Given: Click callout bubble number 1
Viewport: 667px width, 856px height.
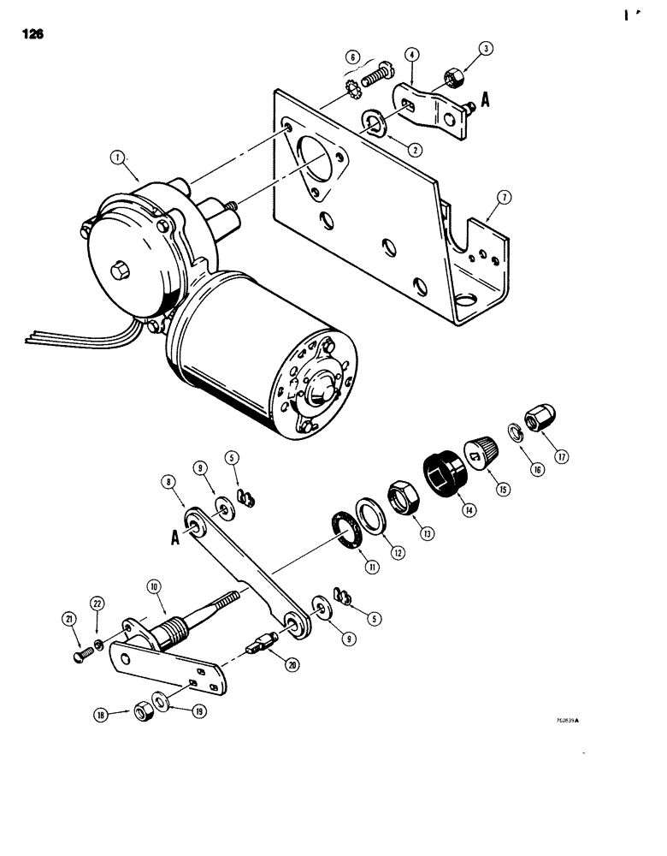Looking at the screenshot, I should pos(117,157).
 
